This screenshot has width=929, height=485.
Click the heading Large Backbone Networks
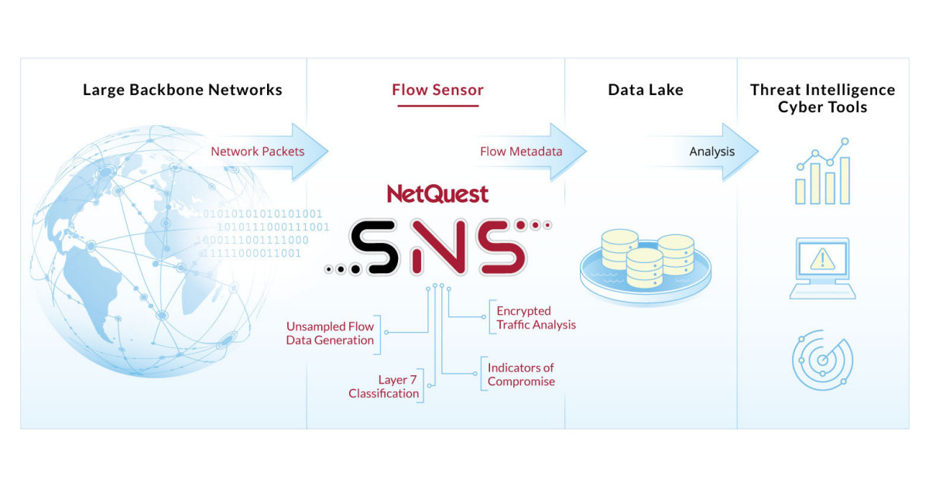[x=183, y=90]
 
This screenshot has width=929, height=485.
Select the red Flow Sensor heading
[x=437, y=90]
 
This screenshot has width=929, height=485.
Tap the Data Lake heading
[x=646, y=90]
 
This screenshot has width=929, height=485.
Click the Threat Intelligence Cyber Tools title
[x=822, y=98]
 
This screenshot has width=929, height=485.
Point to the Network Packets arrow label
[x=257, y=152]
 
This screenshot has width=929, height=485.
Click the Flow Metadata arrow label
[x=521, y=152]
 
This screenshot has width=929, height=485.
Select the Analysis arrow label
[x=711, y=152]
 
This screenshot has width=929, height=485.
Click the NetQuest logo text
[x=437, y=193]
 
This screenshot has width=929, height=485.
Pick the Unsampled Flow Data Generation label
[x=330, y=333]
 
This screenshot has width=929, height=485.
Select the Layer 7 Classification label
[x=384, y=387]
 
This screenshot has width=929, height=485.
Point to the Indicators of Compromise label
[x=521, y=374]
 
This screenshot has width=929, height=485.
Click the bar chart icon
[x=822, y=173]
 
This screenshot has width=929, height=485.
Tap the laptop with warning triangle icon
[x=822, y=268]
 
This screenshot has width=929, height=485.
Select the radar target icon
[x=822, y=360]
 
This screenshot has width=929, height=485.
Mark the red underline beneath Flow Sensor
[x=437, y=106]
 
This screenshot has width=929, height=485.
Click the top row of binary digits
[x=259, y=214]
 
